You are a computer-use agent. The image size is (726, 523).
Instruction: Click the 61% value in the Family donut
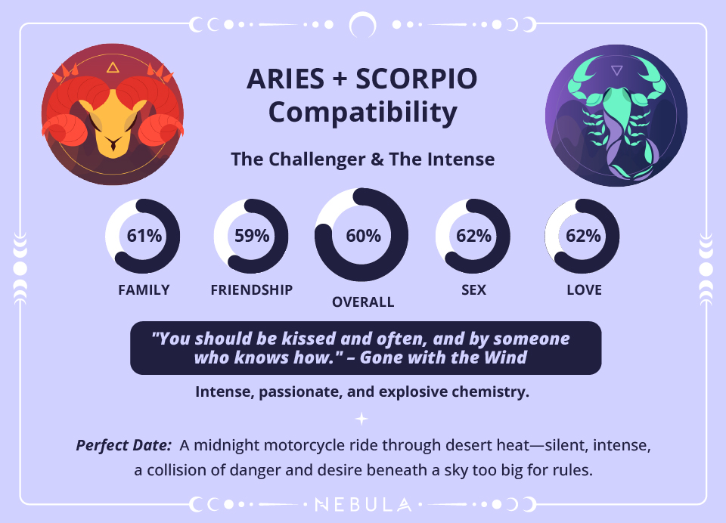tap(144, 235)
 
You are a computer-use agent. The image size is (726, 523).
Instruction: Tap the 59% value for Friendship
tap(252, 235)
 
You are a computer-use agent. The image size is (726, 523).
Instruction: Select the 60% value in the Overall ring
tap(363, 235)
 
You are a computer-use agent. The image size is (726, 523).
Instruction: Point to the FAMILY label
tap(144, 289)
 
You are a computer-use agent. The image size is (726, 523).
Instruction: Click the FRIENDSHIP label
tap(252, 289)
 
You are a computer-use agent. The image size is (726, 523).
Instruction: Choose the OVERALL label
tap(363, 302)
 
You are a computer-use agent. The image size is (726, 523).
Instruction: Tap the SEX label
tap(473, 289)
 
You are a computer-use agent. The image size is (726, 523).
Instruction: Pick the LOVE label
tap(584, 289)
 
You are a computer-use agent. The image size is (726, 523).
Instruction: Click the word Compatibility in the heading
tap(363, 113)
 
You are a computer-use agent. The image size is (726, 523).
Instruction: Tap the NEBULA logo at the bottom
tap(363, 504)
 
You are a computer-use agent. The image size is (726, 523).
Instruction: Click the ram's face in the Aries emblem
tap(112, 125)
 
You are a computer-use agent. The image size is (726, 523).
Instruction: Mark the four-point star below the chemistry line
tap(363, 418)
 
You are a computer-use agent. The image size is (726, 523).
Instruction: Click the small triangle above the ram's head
tap(113, 68)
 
